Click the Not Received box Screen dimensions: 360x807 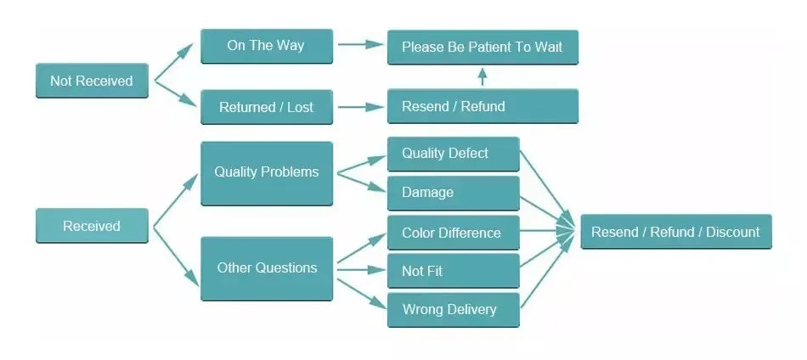click(92, 81)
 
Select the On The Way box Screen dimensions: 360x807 click(266, 46)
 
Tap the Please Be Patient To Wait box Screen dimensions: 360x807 click(483, 47)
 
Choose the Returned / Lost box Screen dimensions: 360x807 click(266, 107)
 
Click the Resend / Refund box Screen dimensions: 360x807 click(483, 106)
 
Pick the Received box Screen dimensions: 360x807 click(92, 226)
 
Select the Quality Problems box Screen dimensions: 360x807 click(266, 172)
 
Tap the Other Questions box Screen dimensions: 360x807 click(266, 268)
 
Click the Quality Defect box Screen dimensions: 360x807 click(453, 154)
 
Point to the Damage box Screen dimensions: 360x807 click(453, 193)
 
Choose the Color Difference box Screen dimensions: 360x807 click(453, 233)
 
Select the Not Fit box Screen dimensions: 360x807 click(453, 271)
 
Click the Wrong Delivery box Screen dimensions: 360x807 click(453, 309)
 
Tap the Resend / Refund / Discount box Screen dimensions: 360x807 click(675, 232)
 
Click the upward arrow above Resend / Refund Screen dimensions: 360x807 click(483, 76)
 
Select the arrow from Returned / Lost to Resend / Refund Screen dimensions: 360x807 click(360, 107)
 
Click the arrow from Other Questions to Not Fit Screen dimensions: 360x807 click(360, 271)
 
